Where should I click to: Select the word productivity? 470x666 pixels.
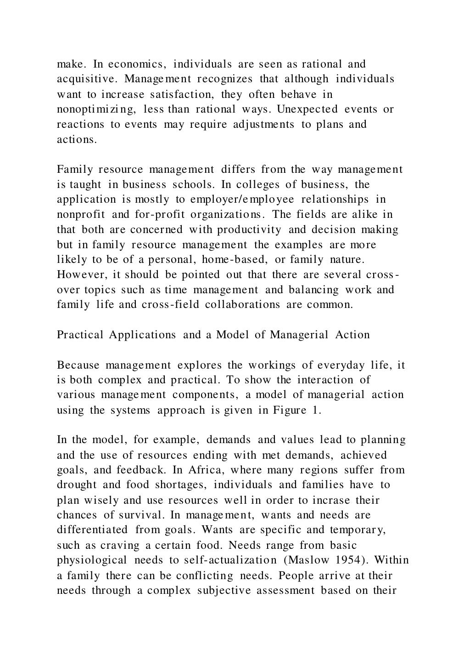pyautogui.click(x=249, y=229)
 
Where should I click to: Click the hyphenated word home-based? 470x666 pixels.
pyautogui.click(x=235, y=259)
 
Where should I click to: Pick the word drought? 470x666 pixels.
pyautogui.click(x=77, y=484)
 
